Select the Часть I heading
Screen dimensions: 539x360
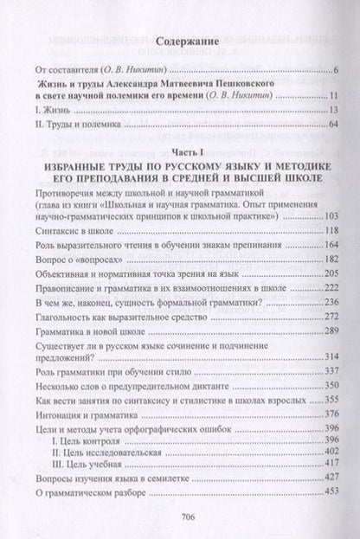pyautogui.click(x=179, y=152)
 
